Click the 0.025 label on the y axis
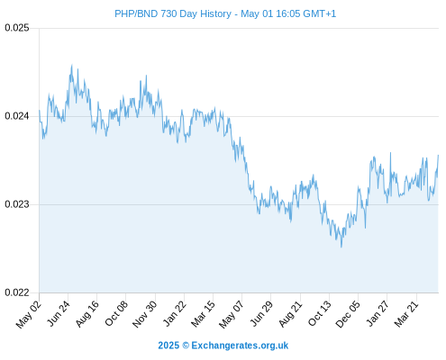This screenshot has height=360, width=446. (17, 28)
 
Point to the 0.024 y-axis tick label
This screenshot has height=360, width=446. (17, 116)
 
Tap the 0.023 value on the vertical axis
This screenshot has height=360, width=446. (17, 204)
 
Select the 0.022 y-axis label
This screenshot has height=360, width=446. (17, 292)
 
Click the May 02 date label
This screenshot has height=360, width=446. (29, 314)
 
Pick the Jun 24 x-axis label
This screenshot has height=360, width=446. (59, 313)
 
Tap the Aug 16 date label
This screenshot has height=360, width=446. (87, 314)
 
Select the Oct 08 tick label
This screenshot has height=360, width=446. (116, 313)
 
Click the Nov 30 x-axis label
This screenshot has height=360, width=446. (145, 314)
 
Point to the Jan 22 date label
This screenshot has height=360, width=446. (175, 313)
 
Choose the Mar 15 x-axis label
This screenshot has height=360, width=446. (204, 314)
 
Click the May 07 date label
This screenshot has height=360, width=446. (232, 314)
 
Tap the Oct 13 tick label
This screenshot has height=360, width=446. (320, 313)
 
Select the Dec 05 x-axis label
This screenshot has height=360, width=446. (348, 314)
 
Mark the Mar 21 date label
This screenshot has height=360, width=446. (406, 314)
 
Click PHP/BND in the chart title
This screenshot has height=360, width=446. (136, 13)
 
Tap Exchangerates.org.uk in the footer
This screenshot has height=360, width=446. (240, 346)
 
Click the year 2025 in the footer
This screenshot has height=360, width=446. (168, 346)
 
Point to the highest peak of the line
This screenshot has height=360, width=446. (72, 65)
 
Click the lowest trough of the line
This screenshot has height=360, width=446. (341, 247)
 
